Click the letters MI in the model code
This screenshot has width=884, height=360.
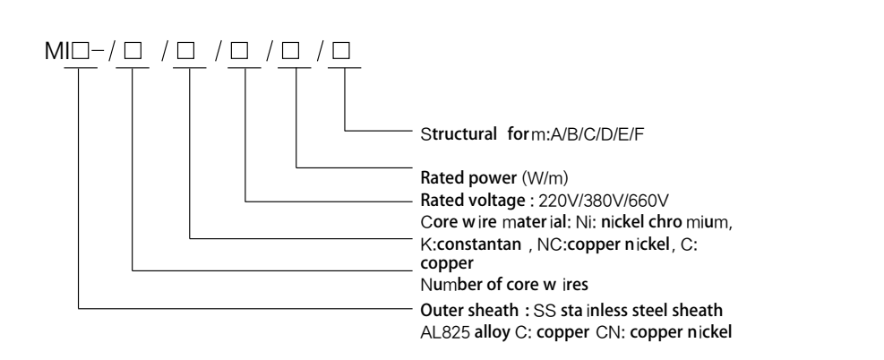point(56,53)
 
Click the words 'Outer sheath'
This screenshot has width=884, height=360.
point(456,310)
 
